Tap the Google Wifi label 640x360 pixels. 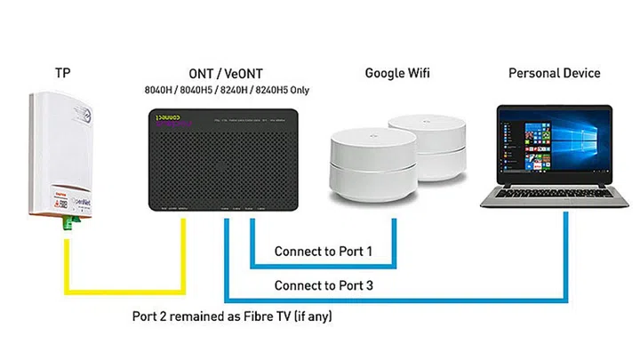(x=397, y=73)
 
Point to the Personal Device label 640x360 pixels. (x=554, y=73)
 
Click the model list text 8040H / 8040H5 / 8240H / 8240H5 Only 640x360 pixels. (x=226, y=90)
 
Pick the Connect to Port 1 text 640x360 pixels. (x=323, y=252)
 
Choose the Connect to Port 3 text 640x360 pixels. (x=323, y=285)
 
